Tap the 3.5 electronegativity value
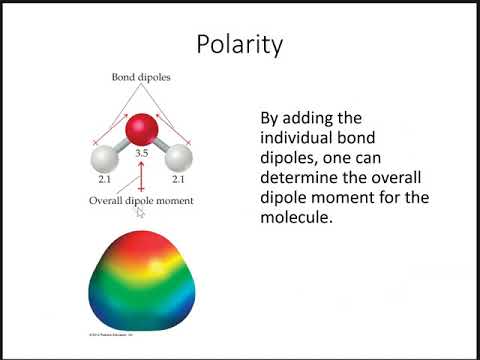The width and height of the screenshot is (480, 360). tap(141, 155)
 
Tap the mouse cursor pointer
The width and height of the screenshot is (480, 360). tap(141, 212)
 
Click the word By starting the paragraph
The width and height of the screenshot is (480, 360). tap(270, 117)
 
